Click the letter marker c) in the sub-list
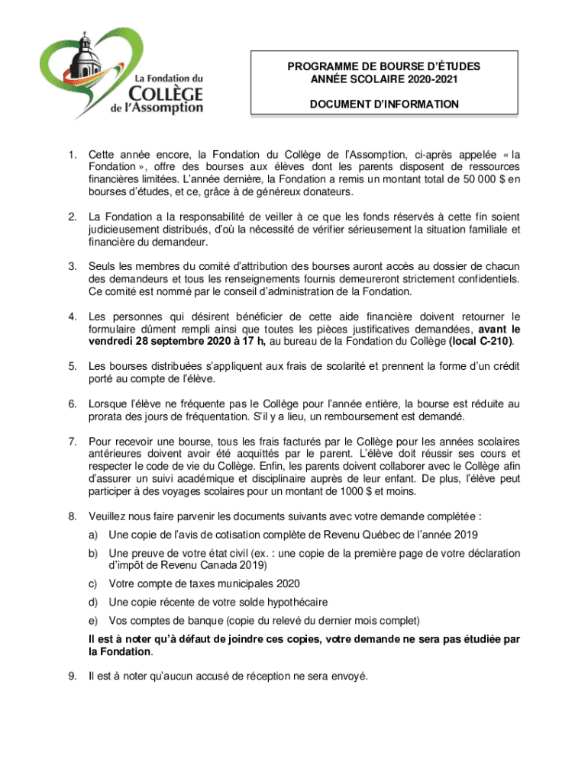click(x=95, y=583)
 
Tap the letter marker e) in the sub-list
click(x=95, y=620)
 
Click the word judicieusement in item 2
click(x=125, y=229)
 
